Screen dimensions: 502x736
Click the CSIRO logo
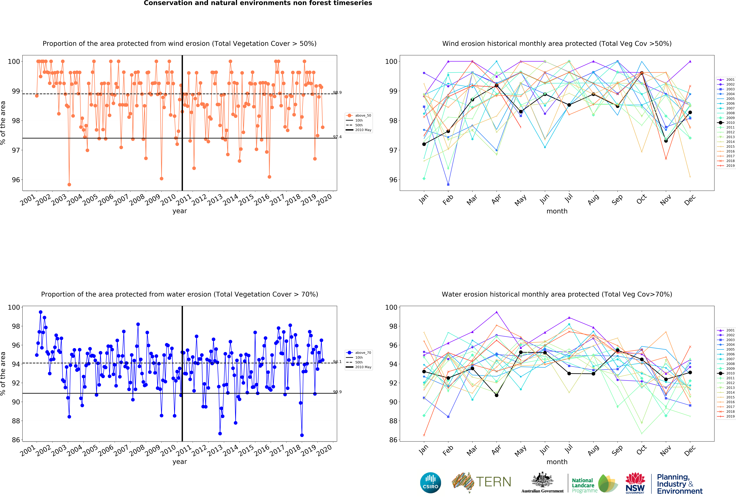(430, 483)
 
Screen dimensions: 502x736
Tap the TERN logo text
(493, 482)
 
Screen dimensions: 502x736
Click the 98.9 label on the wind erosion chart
(337, 93)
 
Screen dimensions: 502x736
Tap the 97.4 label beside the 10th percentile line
(337, 137)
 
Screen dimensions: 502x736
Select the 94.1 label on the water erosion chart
(337, 362)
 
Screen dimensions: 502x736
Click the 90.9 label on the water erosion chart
(337, 392)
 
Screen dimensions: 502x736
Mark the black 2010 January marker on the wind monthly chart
(424, 144)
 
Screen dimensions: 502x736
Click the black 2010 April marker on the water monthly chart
(497, 395)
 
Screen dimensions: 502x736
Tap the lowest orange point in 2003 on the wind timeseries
(69, 184)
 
